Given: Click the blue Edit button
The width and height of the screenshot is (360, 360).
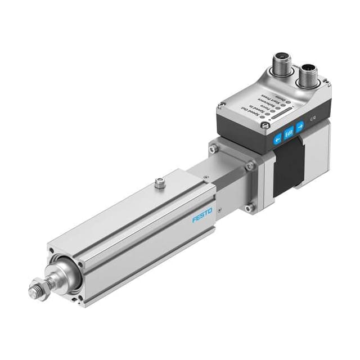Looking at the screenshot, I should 289,133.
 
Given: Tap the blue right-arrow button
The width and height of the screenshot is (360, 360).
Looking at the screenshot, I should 300,125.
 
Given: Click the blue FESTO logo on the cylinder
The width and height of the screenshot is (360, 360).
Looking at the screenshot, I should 202,214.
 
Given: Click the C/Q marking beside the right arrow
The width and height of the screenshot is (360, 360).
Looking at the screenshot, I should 313,119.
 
